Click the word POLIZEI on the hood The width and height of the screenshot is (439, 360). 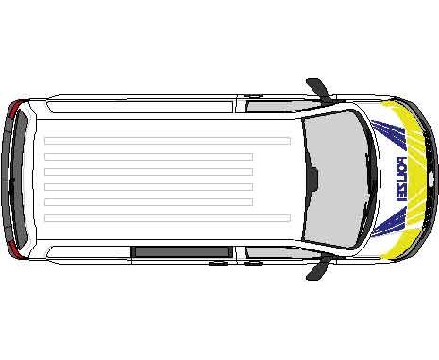pos(400,179)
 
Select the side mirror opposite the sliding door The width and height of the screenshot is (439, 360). pos(318,90)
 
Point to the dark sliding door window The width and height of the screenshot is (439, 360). pos(181,251)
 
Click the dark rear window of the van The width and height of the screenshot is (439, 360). pos(19,179)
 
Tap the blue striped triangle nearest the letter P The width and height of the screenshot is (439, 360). pos(389,134)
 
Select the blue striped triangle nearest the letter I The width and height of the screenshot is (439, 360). pos(390,223)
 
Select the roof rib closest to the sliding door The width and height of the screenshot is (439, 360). pos(167,218)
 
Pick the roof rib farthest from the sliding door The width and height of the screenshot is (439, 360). pos(167,141)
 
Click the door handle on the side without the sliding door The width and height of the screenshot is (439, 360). pos(253,94)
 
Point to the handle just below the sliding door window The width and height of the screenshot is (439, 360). pos(218,263)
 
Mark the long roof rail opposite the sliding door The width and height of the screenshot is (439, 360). pos(141,107)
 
